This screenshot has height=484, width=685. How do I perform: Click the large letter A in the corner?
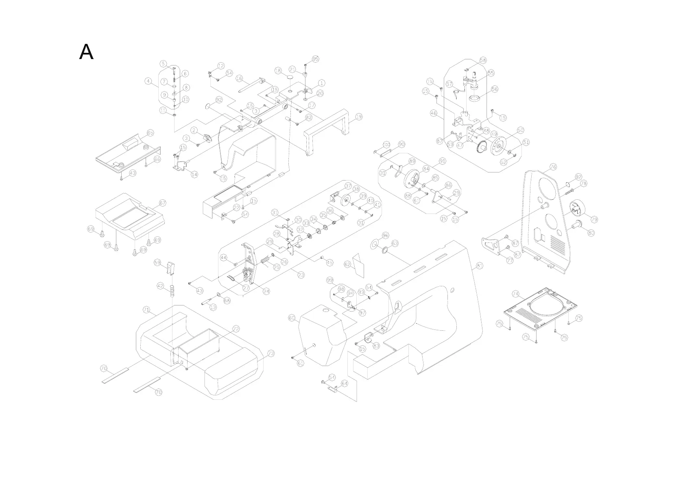pyautogui.click(x=86, y=52)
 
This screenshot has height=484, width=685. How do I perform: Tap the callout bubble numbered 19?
pyautogui.click(x=358, y=117)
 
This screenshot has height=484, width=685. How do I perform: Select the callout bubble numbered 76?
pyautogui.click(x=553, y=167)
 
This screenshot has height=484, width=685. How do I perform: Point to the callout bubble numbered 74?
pyautogui.click(x=516, y=294)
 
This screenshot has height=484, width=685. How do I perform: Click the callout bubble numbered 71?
pyautogui.click(x=146, y=310)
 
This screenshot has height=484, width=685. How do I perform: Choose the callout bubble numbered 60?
pyautogui.click(x=292, y=318)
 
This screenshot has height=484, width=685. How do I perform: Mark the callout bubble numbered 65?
pyautogui.click(x=150, y=133)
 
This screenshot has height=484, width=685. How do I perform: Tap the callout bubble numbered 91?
pyautogui.click(x=443, y=161)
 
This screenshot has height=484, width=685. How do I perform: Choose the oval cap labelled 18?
pyautogui.click(x=290, y=76)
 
